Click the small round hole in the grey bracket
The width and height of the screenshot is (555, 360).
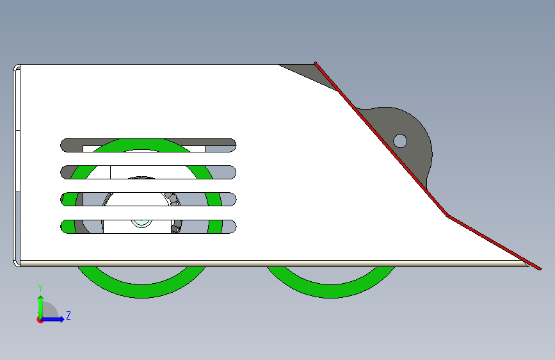[x=400, y=140]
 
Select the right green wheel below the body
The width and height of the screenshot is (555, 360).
[x=331, y=286]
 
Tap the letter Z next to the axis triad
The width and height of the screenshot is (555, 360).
[x=68, y=316]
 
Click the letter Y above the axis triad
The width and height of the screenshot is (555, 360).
[x=40, y=288]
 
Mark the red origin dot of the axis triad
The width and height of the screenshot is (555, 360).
[x=40, y=319]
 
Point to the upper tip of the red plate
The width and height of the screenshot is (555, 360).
[x=316, y=63]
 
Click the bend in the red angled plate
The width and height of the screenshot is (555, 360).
[x=447, y=216]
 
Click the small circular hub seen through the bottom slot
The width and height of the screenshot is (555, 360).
[x=140, y=222]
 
